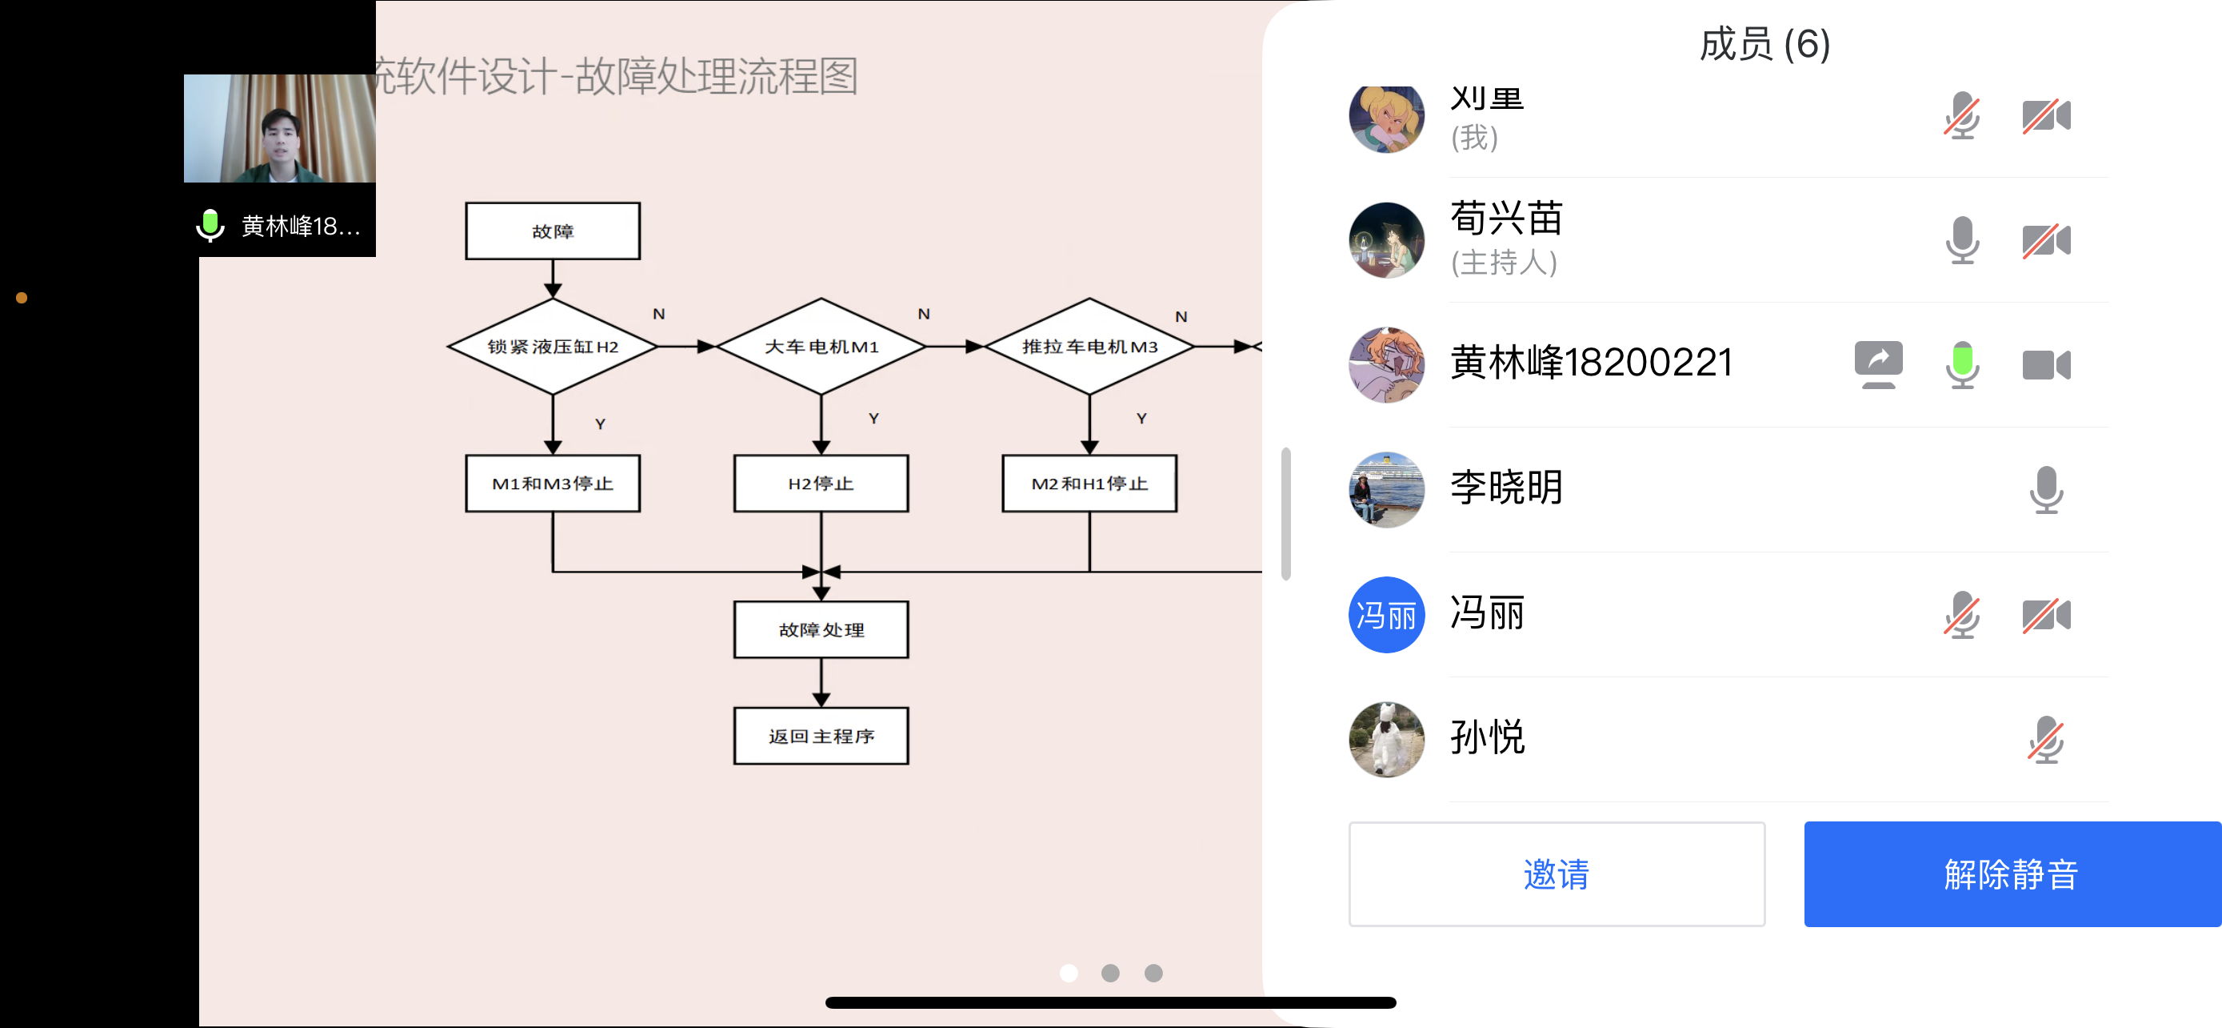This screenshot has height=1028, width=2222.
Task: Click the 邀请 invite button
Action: pos(1556,873)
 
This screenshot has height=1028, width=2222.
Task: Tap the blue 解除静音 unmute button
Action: pos(2011,873)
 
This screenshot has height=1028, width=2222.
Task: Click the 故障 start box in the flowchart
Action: pos(553,231)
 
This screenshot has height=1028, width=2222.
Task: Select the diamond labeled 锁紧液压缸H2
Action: pos(553,346)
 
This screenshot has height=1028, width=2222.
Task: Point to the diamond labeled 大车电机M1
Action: pos(821,346)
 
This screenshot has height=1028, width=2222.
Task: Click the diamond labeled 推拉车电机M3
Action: pos(1089,346)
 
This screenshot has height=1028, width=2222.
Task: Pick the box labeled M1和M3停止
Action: pos(553,484)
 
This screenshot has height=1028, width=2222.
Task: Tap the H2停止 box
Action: pos(821,484)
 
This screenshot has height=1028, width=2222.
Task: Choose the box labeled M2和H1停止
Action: pos(1089,484)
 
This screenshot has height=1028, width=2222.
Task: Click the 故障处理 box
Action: pos(821,629)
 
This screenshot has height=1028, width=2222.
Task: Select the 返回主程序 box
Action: pos(821,736)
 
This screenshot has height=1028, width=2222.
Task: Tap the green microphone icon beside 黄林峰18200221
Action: pos(1961,364)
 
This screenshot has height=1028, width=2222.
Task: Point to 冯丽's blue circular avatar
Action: pos(1386,615)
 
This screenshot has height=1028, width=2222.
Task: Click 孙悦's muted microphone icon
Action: pos(2045,740)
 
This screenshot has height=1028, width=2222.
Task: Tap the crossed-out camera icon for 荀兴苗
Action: pos(2045,240)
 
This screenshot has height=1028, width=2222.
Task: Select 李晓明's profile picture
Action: pos(1386,489)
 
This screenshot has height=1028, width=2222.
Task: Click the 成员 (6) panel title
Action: pos(1764,45)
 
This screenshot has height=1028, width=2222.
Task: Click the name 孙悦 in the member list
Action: pos(1487,738)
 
